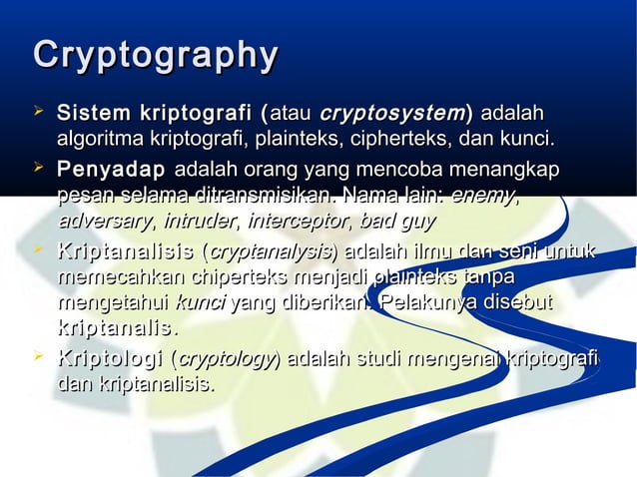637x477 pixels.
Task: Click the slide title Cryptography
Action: point(155,56)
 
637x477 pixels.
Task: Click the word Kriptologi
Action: point(112,358)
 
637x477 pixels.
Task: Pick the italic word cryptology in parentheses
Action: point(227,359)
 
